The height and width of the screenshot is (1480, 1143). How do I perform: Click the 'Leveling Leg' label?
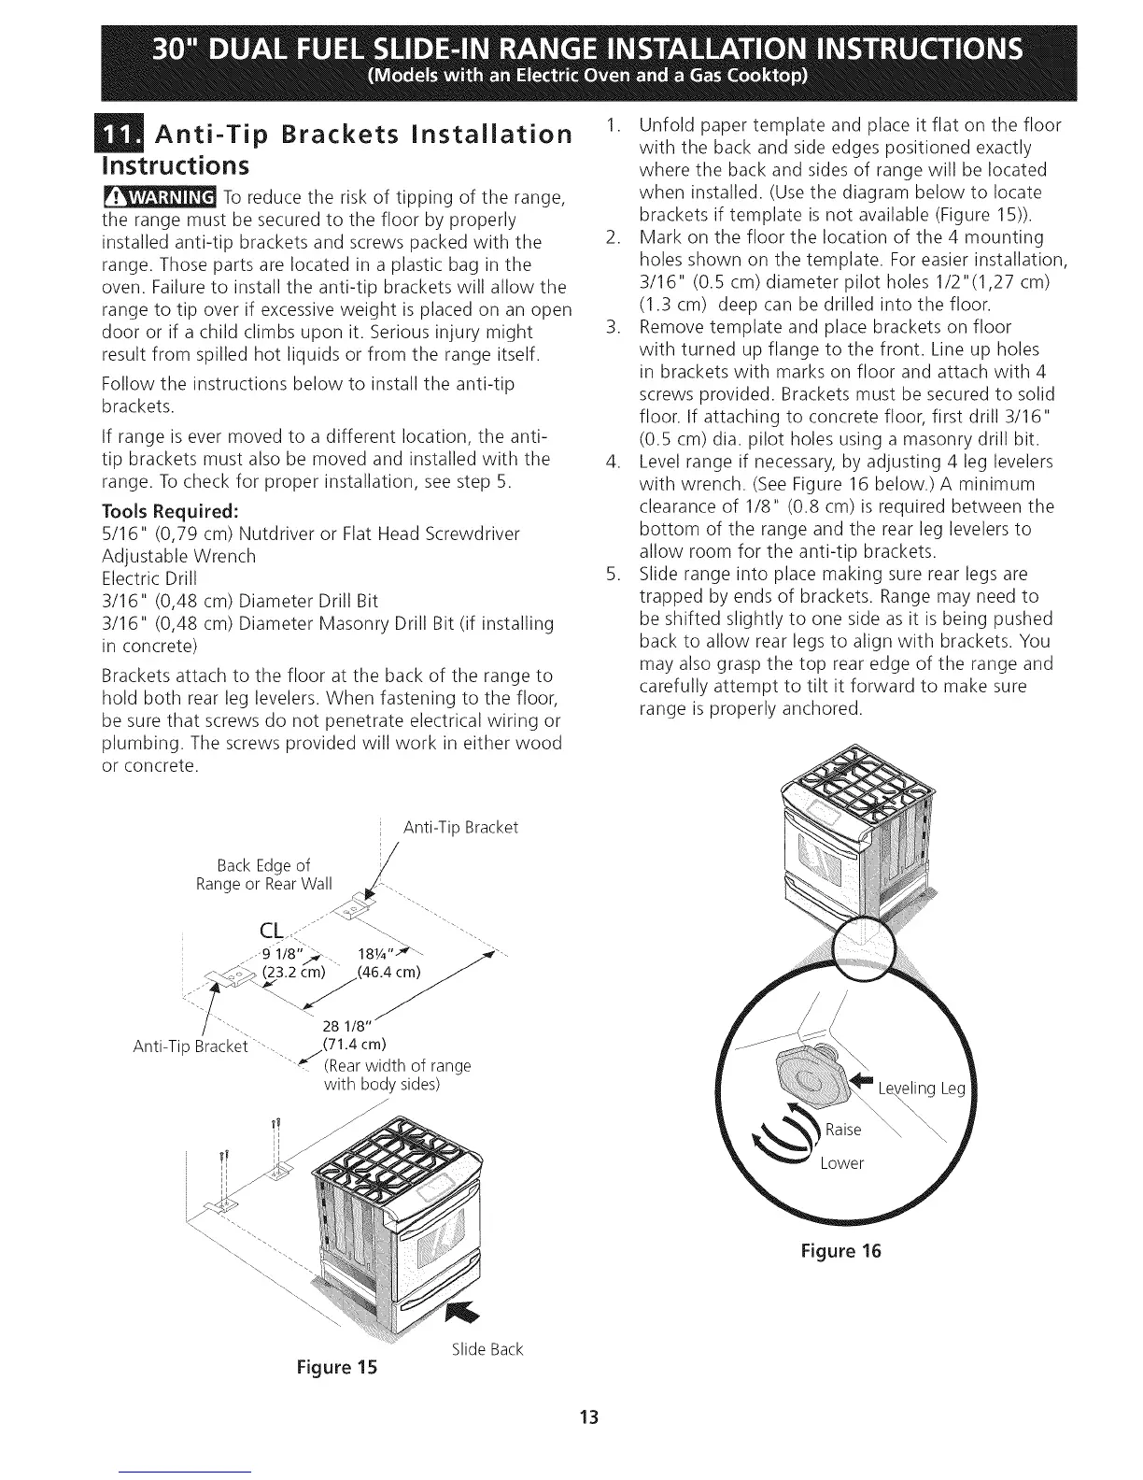pos(911,1089)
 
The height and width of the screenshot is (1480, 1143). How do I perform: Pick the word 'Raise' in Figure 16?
pos(842,1129)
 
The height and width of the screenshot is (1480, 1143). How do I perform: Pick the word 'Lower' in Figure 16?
pos(841,1163)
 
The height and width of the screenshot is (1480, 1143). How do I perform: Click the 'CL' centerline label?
pos(271,931)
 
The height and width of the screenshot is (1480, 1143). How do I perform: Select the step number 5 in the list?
pos(613,573)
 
